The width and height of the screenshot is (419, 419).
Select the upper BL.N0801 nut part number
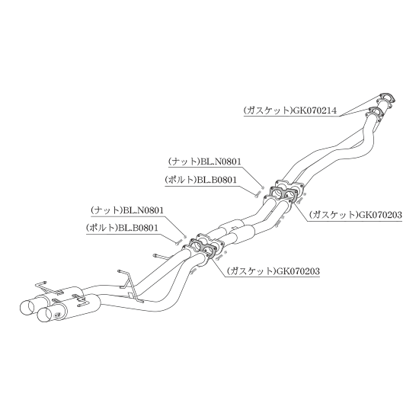221,162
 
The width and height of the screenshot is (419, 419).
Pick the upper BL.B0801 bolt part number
217,180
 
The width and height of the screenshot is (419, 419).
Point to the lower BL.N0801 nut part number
143,210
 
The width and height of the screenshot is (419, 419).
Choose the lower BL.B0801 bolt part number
139,228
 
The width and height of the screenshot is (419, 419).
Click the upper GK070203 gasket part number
380,215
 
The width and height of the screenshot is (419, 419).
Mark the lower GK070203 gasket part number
298,271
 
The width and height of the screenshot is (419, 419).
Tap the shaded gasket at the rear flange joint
203,246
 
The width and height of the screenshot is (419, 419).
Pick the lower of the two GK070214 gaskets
376,111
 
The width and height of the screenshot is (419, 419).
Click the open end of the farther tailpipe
27,306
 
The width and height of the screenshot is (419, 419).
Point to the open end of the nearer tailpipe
45,315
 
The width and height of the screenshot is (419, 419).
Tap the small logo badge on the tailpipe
57,315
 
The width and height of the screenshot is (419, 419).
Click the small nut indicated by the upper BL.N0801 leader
262,187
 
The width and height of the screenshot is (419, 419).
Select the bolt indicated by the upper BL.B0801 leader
257,195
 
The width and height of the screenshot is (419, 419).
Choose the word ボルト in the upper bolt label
181,180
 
